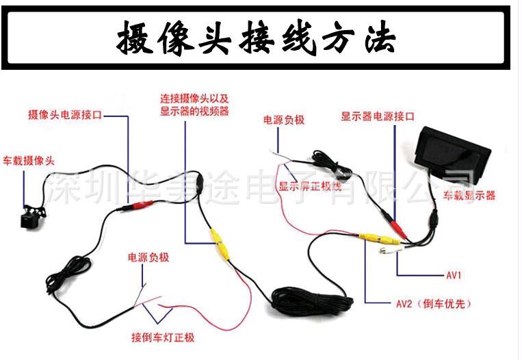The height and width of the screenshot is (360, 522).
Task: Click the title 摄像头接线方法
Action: point(257,38)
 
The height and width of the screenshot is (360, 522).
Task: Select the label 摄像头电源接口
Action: point(64,116)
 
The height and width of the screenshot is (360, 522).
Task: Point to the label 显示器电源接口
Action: point(378,117)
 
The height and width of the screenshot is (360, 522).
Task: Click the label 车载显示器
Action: point(469,195)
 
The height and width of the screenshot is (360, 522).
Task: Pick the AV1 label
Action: point(455,276)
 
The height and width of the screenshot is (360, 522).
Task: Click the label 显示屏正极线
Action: point(310,186)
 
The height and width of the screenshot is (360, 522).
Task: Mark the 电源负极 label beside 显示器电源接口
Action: point(284,120)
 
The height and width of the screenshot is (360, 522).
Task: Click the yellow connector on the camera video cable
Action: point(218,242)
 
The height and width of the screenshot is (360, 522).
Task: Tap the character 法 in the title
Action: point(380,38)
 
